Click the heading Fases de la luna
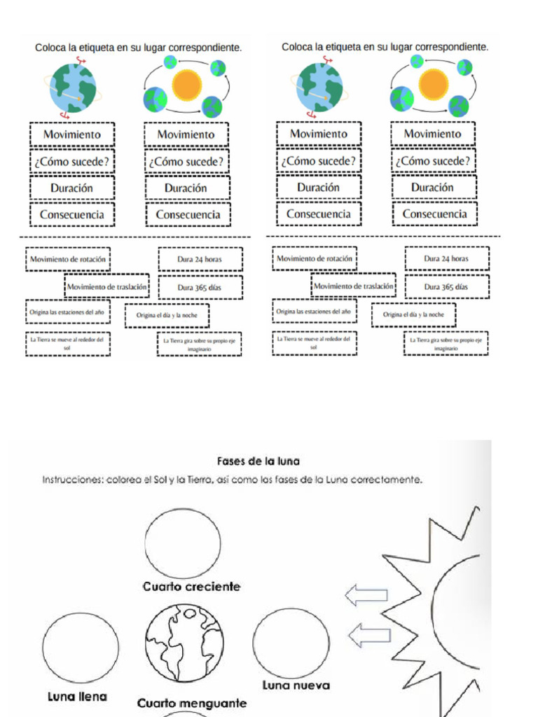point(258,461)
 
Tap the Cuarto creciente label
point(191,586)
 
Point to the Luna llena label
point(78,697)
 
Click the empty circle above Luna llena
point(80,648)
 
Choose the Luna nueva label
point(296,685)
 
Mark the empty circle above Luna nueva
point(291,643)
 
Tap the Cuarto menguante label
point(192,702)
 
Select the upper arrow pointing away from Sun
point(366,596)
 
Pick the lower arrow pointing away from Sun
point(369,636)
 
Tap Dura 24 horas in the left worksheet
point(200,259)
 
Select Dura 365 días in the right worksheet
point(446,286)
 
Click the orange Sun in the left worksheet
point(186,84)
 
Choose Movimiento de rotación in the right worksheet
point(314,258)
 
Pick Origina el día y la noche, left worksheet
point(167,315)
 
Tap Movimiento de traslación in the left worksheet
point(107,286)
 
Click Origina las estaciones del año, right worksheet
point(314,311)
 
